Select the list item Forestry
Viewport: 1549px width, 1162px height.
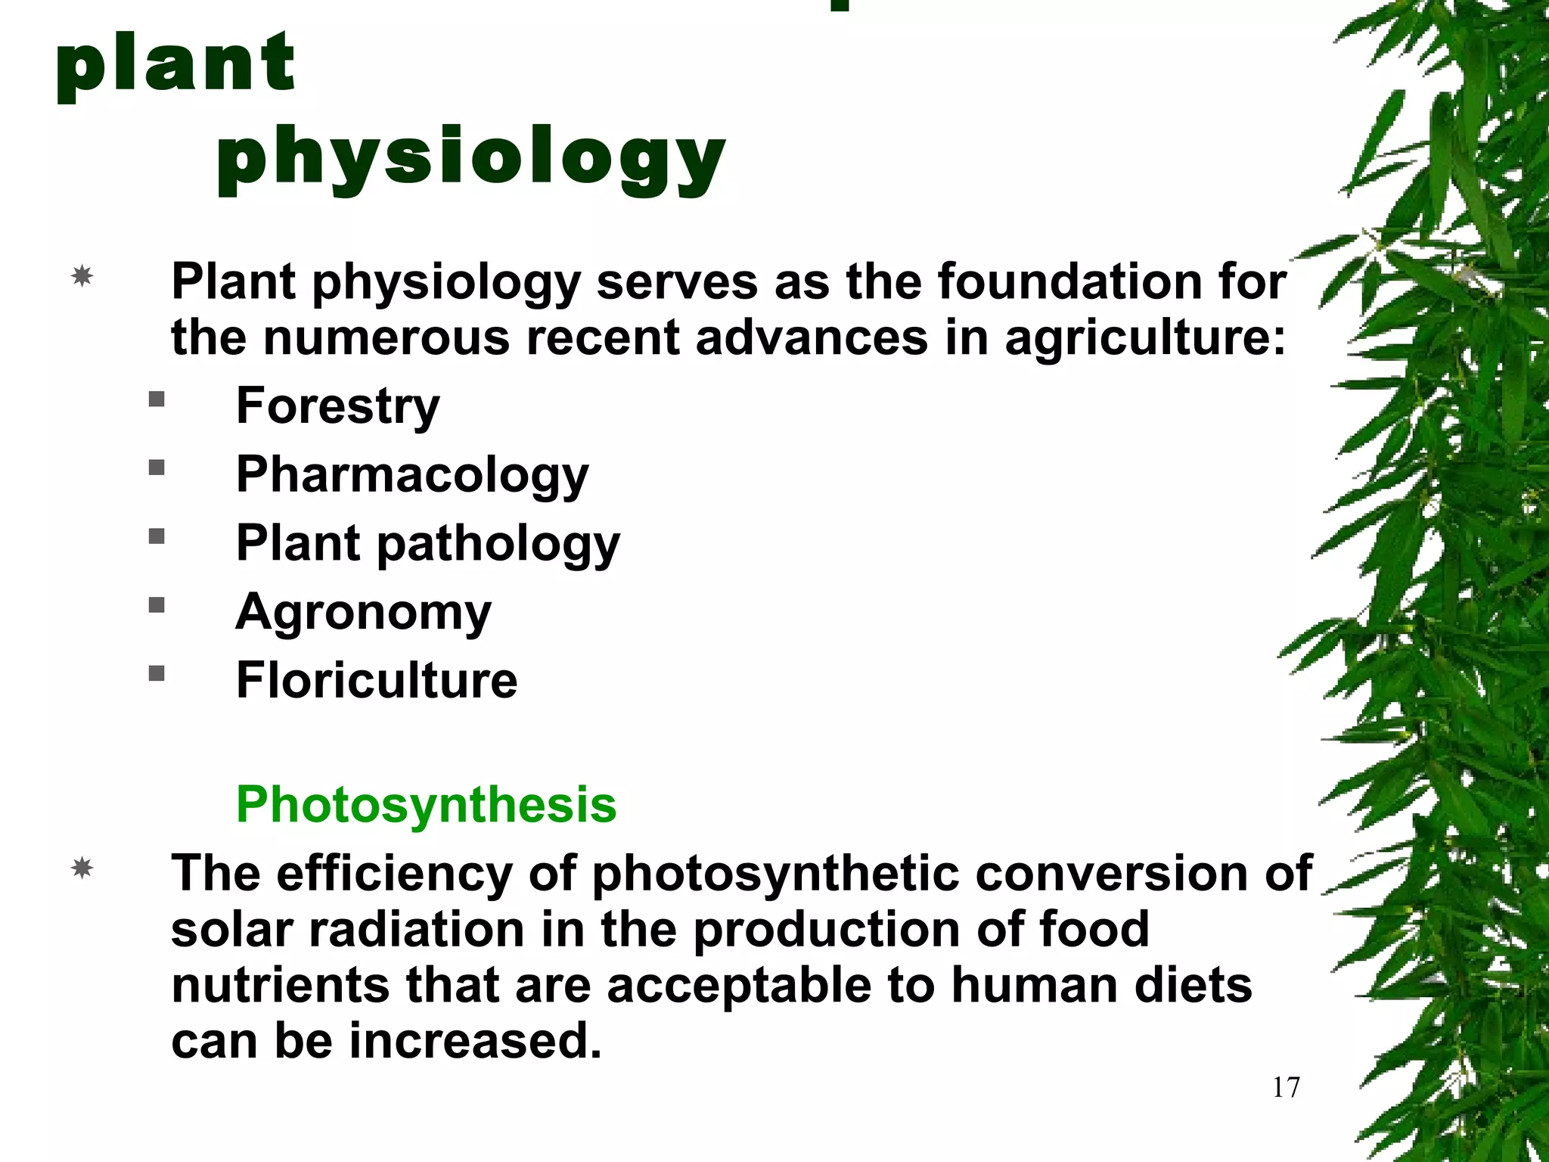click(337, 406)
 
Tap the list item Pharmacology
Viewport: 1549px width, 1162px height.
click(412, 475)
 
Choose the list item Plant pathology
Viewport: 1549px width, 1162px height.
click(427, 544)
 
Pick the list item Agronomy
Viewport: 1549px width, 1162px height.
click(364, 612)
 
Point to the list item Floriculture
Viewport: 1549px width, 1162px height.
click(377, 680)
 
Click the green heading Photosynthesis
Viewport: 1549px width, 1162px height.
click(426, 804)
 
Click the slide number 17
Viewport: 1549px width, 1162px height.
click(1286, 1087)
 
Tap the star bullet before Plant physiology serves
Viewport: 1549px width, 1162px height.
click(82, 276)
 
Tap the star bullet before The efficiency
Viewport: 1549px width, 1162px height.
click(82, 868)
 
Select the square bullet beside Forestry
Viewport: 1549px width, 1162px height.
click(157, 399)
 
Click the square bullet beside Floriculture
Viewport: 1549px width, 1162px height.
click(157, 673)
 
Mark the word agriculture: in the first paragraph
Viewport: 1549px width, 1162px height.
click(1145, 337)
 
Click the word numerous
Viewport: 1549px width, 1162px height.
click(386, 337)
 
